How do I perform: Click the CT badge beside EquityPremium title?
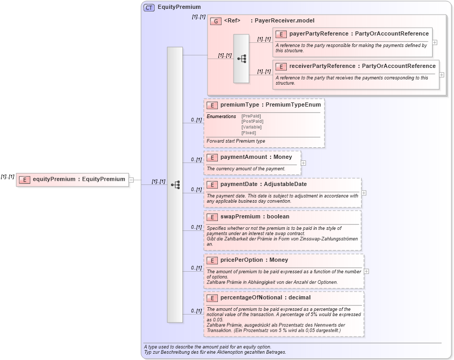149,7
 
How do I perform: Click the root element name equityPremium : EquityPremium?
79,179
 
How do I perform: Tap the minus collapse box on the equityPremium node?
131,180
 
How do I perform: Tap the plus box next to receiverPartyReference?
442,75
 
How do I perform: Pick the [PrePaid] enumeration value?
252,116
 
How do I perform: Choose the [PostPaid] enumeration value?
252,121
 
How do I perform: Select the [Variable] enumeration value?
251,127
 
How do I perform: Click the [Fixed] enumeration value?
249,133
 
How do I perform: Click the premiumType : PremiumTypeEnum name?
271,105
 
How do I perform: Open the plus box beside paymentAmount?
304,163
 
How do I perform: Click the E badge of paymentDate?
212,184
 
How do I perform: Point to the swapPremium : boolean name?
254,217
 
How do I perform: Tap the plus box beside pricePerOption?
367,271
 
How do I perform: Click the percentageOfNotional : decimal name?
265,298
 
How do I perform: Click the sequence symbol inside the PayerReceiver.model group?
241,59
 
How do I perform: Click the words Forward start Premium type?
236,141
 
